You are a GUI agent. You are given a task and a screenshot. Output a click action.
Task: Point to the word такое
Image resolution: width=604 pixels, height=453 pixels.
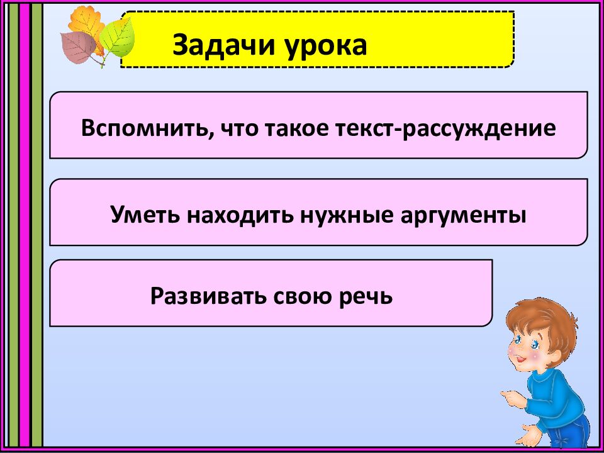click(296, 128)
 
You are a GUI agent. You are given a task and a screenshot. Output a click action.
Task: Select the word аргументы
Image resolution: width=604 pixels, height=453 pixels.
click(463, 215)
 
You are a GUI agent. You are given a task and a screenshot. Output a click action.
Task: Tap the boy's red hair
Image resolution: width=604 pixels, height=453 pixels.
click(535, 315)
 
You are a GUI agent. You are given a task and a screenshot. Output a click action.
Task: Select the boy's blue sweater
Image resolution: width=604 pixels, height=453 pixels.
click(554, 396)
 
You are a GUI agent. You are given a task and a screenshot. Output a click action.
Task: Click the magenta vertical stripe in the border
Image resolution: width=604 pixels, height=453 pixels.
click(25, 226)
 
